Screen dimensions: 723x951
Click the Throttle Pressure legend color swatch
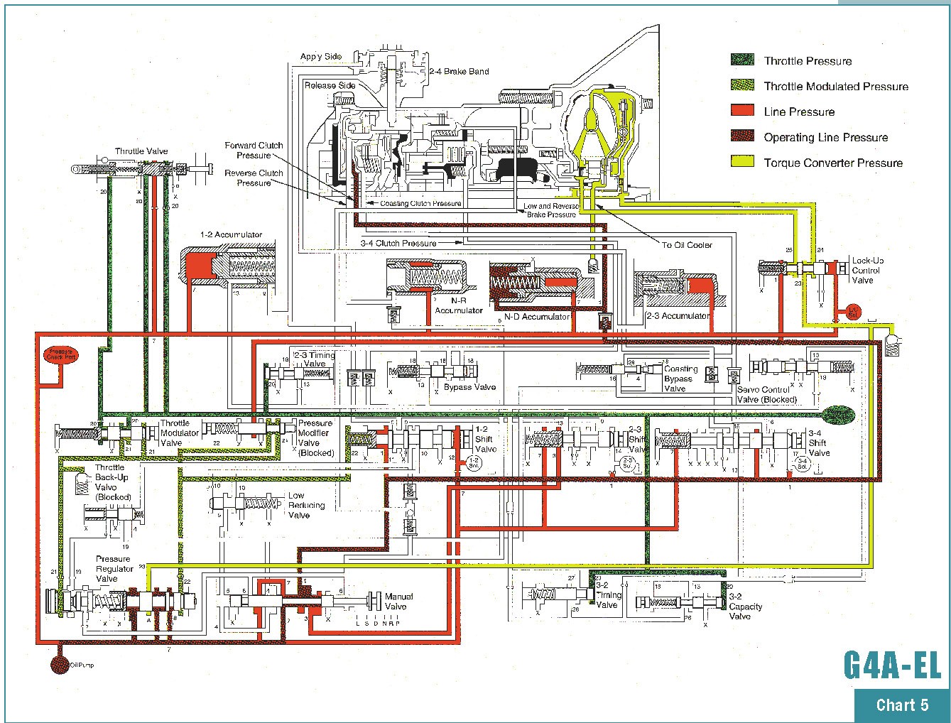742,60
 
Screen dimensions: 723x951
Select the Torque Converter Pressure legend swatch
742,162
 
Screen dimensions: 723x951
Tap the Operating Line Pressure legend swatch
742,136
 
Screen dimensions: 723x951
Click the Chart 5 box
902,705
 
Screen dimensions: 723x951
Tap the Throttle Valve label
141,151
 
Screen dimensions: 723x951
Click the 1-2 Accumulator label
231,235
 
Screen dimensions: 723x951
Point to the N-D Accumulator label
536,317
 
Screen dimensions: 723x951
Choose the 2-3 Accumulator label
678,316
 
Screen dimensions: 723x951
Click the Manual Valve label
398,602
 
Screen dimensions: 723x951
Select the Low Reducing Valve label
306,505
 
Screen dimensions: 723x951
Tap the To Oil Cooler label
687,245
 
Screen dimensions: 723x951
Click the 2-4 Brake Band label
459,72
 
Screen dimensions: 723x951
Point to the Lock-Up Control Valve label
867,271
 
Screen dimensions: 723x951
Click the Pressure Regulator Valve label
114,569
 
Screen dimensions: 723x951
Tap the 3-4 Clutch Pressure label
398,244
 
